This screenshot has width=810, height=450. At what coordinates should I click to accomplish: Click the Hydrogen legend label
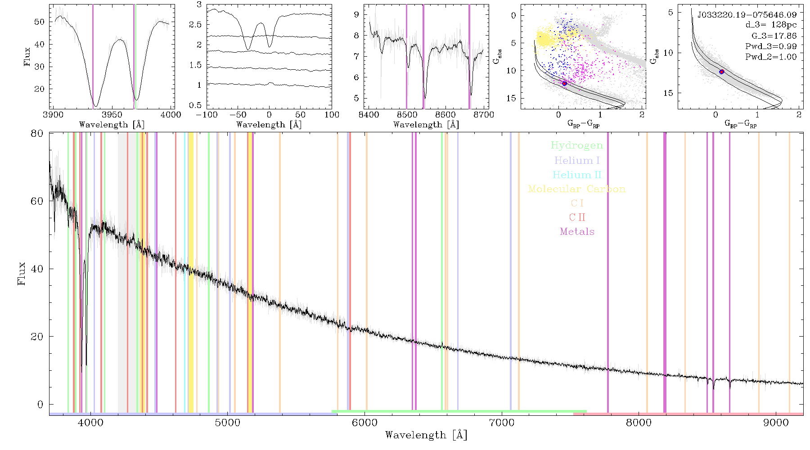click(x=577, y=145)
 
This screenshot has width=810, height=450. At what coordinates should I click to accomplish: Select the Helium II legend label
click(x=577, y=175)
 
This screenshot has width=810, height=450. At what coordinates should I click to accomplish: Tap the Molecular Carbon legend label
click(x=577, y=189)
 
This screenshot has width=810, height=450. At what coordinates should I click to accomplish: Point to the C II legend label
click(x=577, y=217)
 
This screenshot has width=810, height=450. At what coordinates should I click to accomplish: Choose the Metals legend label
click(x=577, y=232)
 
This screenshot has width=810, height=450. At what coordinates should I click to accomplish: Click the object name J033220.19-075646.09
click(x=747, y=15)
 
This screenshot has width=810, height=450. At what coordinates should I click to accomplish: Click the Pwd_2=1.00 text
click(x=771, y=57)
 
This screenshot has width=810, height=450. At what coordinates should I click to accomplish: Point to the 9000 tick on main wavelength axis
click(x=776, y=423)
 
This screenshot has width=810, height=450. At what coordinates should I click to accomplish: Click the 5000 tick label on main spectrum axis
click(x=228, y=423)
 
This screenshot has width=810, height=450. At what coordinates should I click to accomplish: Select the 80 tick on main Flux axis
click(x=37, y=133)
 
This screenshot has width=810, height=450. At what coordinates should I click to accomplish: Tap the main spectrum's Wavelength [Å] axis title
click(x=426, y=435)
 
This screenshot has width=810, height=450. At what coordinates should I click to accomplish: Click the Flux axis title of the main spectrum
click(x=21, y=274)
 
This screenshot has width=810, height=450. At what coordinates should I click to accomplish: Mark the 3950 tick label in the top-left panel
click(x=112, y=115)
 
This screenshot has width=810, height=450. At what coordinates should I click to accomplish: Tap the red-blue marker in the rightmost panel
click(x=722, y=72)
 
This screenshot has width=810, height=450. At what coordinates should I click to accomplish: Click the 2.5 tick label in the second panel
click(x=195, y=24)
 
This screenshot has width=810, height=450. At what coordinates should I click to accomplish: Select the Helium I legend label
click(x=577, y=161)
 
